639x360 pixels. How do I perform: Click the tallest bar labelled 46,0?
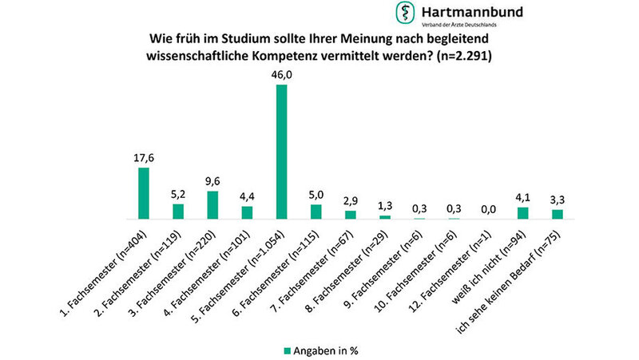point(281,152)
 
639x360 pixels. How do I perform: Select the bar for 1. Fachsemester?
point(144,193)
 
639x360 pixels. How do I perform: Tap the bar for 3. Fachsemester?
point(212,205)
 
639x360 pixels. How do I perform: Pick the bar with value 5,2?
point(178,212)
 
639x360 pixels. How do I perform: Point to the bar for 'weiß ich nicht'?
point(523,213)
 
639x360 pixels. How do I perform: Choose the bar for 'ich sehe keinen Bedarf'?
point(558,214)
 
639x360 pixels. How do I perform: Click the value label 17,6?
point(144,158)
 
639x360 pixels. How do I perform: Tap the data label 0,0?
point(488,208)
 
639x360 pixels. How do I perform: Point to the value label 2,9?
point(351,200)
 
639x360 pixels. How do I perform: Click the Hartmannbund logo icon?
point(405,14)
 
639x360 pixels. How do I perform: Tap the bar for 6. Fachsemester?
point(316,212)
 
